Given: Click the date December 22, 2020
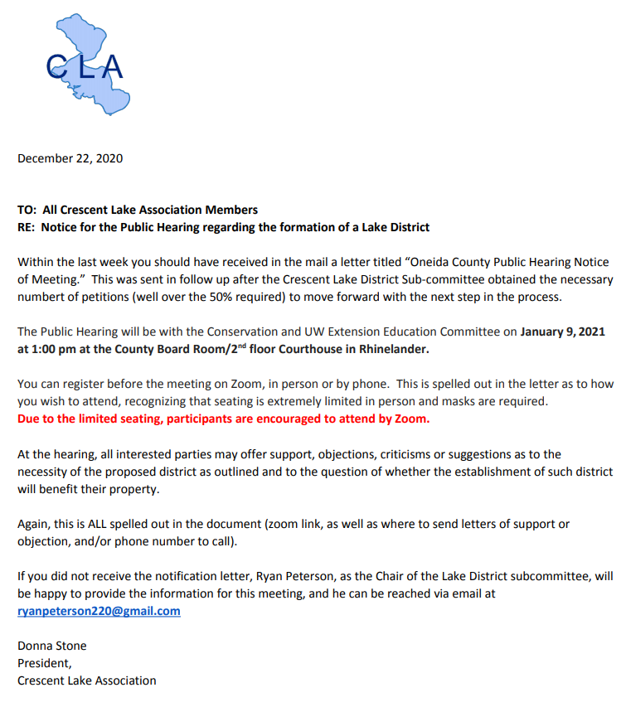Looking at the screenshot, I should pyautogui.click(x=70, y=158).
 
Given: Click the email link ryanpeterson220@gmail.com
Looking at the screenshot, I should pyautogui.click(x=99, y=611).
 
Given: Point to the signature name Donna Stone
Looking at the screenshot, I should pyautogui.click(x=51, y=646).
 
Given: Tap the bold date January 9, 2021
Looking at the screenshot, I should pyautogui.click(x=562, y=332).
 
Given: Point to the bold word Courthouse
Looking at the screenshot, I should pyautogui.click(x=311, y=349).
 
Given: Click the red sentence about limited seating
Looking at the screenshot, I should pyautogui.click(x=224, y=419).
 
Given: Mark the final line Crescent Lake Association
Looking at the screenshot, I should pyautogui.click(x=86, y=680).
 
